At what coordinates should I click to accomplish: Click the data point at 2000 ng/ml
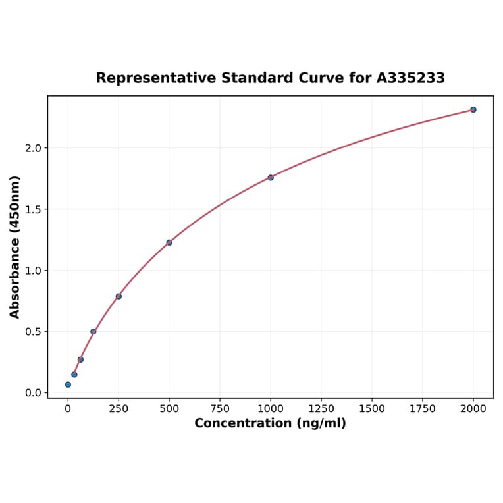coord(473,109)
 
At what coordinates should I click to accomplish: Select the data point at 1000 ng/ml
coord(271,178)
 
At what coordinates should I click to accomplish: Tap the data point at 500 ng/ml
coord(169,242)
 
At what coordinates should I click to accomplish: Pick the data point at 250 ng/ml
coord(119,296)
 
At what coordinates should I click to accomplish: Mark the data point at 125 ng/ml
coord(93,331)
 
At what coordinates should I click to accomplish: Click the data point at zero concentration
coord(68,384)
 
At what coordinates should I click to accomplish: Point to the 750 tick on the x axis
coord(220,409)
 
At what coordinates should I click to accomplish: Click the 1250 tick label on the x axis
coord(321,409)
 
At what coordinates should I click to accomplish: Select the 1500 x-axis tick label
coord(372,409)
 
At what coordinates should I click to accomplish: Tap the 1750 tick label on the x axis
coord(423,409)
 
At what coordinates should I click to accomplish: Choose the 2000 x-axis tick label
coord(473,409)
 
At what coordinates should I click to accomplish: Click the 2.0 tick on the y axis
coord(32,148)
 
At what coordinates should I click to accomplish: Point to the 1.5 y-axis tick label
coord(32,209)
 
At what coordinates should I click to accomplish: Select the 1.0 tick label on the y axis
coord(32,271)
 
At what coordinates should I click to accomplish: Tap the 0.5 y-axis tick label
coord(32,332)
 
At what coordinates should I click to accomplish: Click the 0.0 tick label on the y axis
coord(32,393)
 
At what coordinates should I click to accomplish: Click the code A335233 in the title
coord(410,78)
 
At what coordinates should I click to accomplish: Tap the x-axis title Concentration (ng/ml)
coord(270,423)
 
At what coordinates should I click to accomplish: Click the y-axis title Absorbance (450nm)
coord(15,247)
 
